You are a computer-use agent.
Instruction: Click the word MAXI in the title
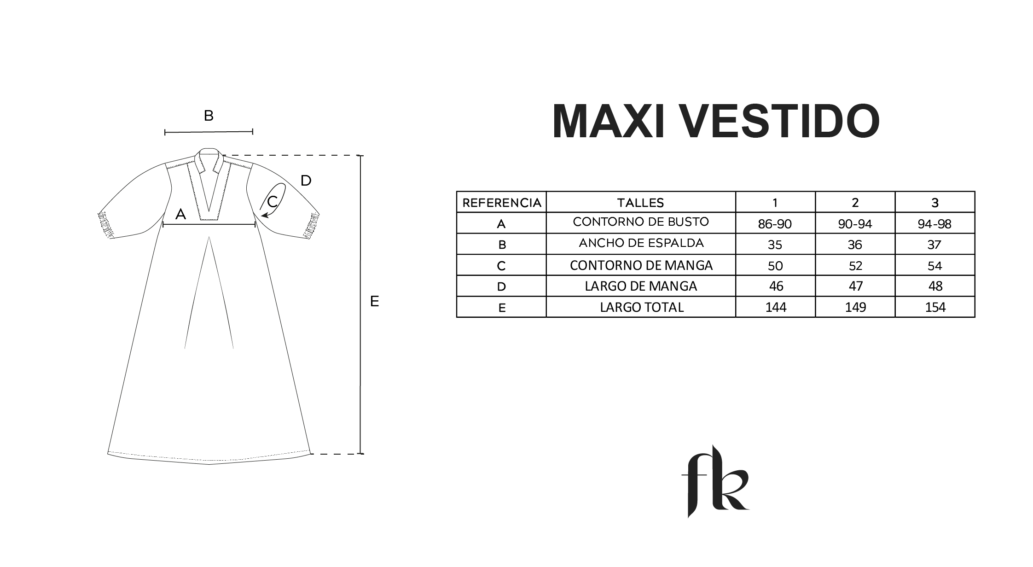608,121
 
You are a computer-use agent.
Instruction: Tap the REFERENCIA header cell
501,202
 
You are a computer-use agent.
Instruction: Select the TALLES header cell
641,202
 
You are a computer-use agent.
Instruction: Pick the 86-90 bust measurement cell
775,223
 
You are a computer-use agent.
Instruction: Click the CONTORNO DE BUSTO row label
641,222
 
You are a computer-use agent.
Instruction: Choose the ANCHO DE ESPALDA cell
641,244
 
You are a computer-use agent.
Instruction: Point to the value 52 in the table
855,266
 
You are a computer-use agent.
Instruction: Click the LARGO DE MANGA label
641,286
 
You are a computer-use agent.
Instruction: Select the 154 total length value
935,307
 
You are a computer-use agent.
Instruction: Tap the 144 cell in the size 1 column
775,307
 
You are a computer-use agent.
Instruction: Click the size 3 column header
935,202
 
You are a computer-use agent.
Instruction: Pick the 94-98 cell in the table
935,223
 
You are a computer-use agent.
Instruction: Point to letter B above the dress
209,116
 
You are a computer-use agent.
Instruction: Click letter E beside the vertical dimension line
375,301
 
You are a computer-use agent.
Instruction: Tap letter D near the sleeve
306,181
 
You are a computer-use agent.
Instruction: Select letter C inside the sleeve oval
272,201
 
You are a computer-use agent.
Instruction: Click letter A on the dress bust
180,214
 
